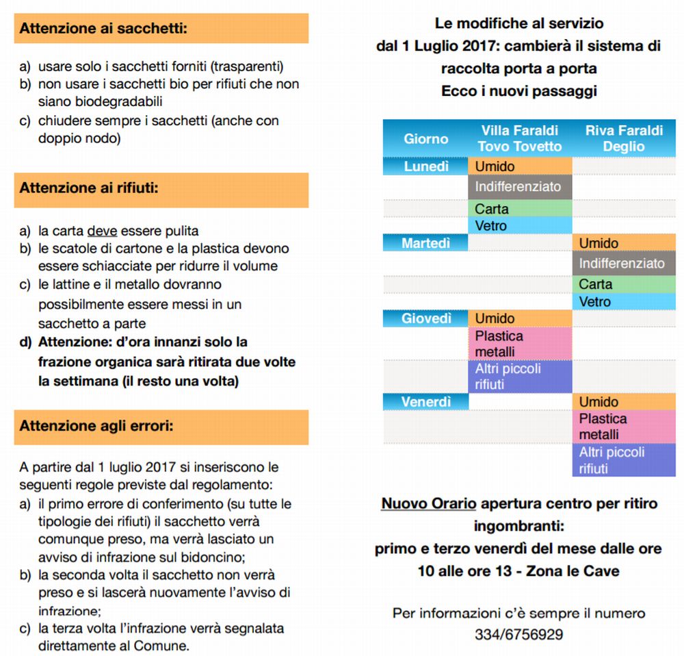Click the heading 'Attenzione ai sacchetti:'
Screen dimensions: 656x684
[103, 29]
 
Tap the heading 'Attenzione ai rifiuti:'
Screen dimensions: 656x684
[89, 187]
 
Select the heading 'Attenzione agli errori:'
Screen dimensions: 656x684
[96, 426]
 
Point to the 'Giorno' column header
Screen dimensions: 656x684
[425, 138]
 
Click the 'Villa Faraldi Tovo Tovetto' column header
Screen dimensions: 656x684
[520, 138]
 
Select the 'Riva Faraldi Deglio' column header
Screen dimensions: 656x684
[624, 138]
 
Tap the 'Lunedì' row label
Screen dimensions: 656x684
[425, 166]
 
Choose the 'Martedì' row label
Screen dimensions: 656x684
[425, 242]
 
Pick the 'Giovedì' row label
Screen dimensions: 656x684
[425, 318]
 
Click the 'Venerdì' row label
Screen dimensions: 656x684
[425, 402]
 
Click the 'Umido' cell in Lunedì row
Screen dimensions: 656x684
[520, 166]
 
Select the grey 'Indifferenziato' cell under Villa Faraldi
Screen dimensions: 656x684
[520, 187]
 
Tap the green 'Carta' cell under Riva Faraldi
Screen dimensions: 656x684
[624, 284]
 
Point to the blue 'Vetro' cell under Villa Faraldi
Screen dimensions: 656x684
[520, 225]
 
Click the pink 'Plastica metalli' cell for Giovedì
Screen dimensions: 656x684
[520, 344]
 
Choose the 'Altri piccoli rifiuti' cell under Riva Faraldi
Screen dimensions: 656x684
[624, 460]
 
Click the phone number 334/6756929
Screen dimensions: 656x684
[518, 635]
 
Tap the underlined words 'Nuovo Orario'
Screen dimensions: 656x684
[428, 504]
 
